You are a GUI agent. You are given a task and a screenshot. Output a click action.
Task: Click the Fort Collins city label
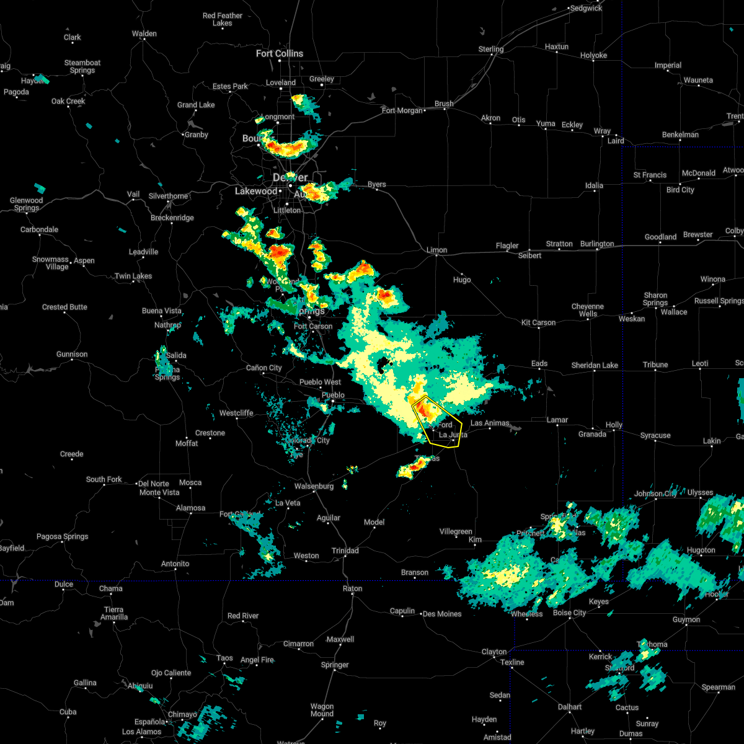280,54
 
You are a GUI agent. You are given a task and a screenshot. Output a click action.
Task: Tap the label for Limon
437,250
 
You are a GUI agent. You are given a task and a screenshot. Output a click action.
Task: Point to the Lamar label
557,420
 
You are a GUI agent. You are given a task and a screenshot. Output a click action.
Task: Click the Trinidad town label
345,551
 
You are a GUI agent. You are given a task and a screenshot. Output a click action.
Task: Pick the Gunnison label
72,354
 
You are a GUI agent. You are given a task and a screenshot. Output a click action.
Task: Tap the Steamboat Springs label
82,66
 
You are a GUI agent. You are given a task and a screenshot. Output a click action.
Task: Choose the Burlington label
597,244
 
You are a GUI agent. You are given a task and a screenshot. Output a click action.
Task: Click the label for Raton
353,588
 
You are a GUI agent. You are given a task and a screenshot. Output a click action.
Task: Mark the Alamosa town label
190,508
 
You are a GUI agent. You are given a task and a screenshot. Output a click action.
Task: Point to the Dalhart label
570,707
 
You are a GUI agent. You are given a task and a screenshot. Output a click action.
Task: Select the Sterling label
491,49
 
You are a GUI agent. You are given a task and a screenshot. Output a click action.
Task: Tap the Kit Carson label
538,322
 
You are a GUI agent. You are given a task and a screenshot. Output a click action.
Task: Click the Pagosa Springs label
62,536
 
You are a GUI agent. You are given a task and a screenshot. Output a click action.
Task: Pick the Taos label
224,658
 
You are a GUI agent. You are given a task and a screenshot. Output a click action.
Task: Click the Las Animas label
490,423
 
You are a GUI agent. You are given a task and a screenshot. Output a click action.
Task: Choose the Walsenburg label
314,486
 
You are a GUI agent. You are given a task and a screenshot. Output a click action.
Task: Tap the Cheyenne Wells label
588,310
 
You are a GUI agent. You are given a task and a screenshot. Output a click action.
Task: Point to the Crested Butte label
64,307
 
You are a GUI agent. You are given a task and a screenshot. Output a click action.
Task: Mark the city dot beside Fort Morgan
423,110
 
